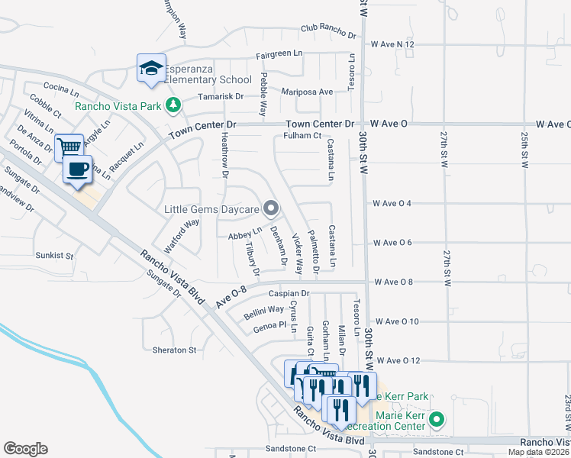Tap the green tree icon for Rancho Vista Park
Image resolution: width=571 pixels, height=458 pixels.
pyautogui.click(x=173, y=105)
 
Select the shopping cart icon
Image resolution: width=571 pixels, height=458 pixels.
pyautogui.click(x=69, y=147)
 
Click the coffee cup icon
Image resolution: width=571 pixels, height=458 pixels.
pyautogui.click(x=77, y=169)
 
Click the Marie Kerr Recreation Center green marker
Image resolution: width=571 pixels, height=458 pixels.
pyautogui.click(x=437, y=419)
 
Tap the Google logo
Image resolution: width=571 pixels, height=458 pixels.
pyautogui.click(x=25, y=449)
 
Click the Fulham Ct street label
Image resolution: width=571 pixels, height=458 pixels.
pyautogui.click(x=302, y=136)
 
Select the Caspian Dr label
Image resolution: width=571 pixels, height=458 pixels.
pyautogui.click(x=288, y=293)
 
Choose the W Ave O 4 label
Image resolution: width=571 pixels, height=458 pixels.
pyautogui.click(x=392, y=204)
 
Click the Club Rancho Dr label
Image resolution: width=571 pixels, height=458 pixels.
pyautogui.click(x=328, y=32)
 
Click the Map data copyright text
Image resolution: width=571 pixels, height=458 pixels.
pyautogui.click(x=538, y=452)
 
